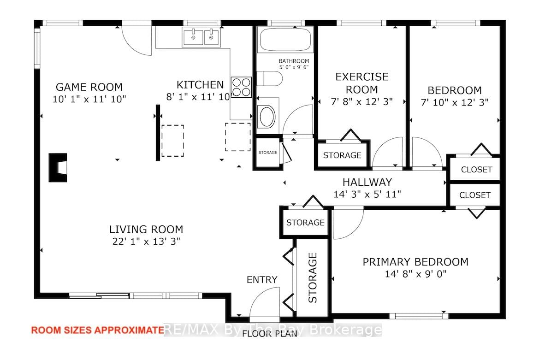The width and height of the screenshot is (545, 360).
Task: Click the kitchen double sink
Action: point(201,37)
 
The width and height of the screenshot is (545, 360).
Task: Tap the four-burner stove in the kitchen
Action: point(241,87)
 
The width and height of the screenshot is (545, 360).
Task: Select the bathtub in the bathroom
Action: point(286,40)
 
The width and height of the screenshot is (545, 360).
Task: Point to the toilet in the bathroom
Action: point(269,79)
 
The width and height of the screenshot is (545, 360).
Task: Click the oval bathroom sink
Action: point(266,118)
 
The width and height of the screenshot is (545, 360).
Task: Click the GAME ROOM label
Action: point(89,87)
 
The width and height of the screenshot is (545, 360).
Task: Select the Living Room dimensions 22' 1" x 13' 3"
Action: point(146,241)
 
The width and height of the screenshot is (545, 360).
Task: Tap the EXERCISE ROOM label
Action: point(361,83)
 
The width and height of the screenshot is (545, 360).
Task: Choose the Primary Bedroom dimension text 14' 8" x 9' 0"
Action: point(415,274)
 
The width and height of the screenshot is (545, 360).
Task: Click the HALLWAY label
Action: point(367,182)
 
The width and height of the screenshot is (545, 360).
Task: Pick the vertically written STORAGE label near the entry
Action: point(313,277)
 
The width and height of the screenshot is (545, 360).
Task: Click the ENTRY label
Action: point(262,280)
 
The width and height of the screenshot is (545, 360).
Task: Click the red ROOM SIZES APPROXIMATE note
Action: point(97,330)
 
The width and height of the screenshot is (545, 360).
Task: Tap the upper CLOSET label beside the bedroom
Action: point(476,169)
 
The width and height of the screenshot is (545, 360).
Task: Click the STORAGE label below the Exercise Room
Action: point(342,155)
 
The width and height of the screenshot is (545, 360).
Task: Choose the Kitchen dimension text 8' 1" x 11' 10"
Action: point(199,97)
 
